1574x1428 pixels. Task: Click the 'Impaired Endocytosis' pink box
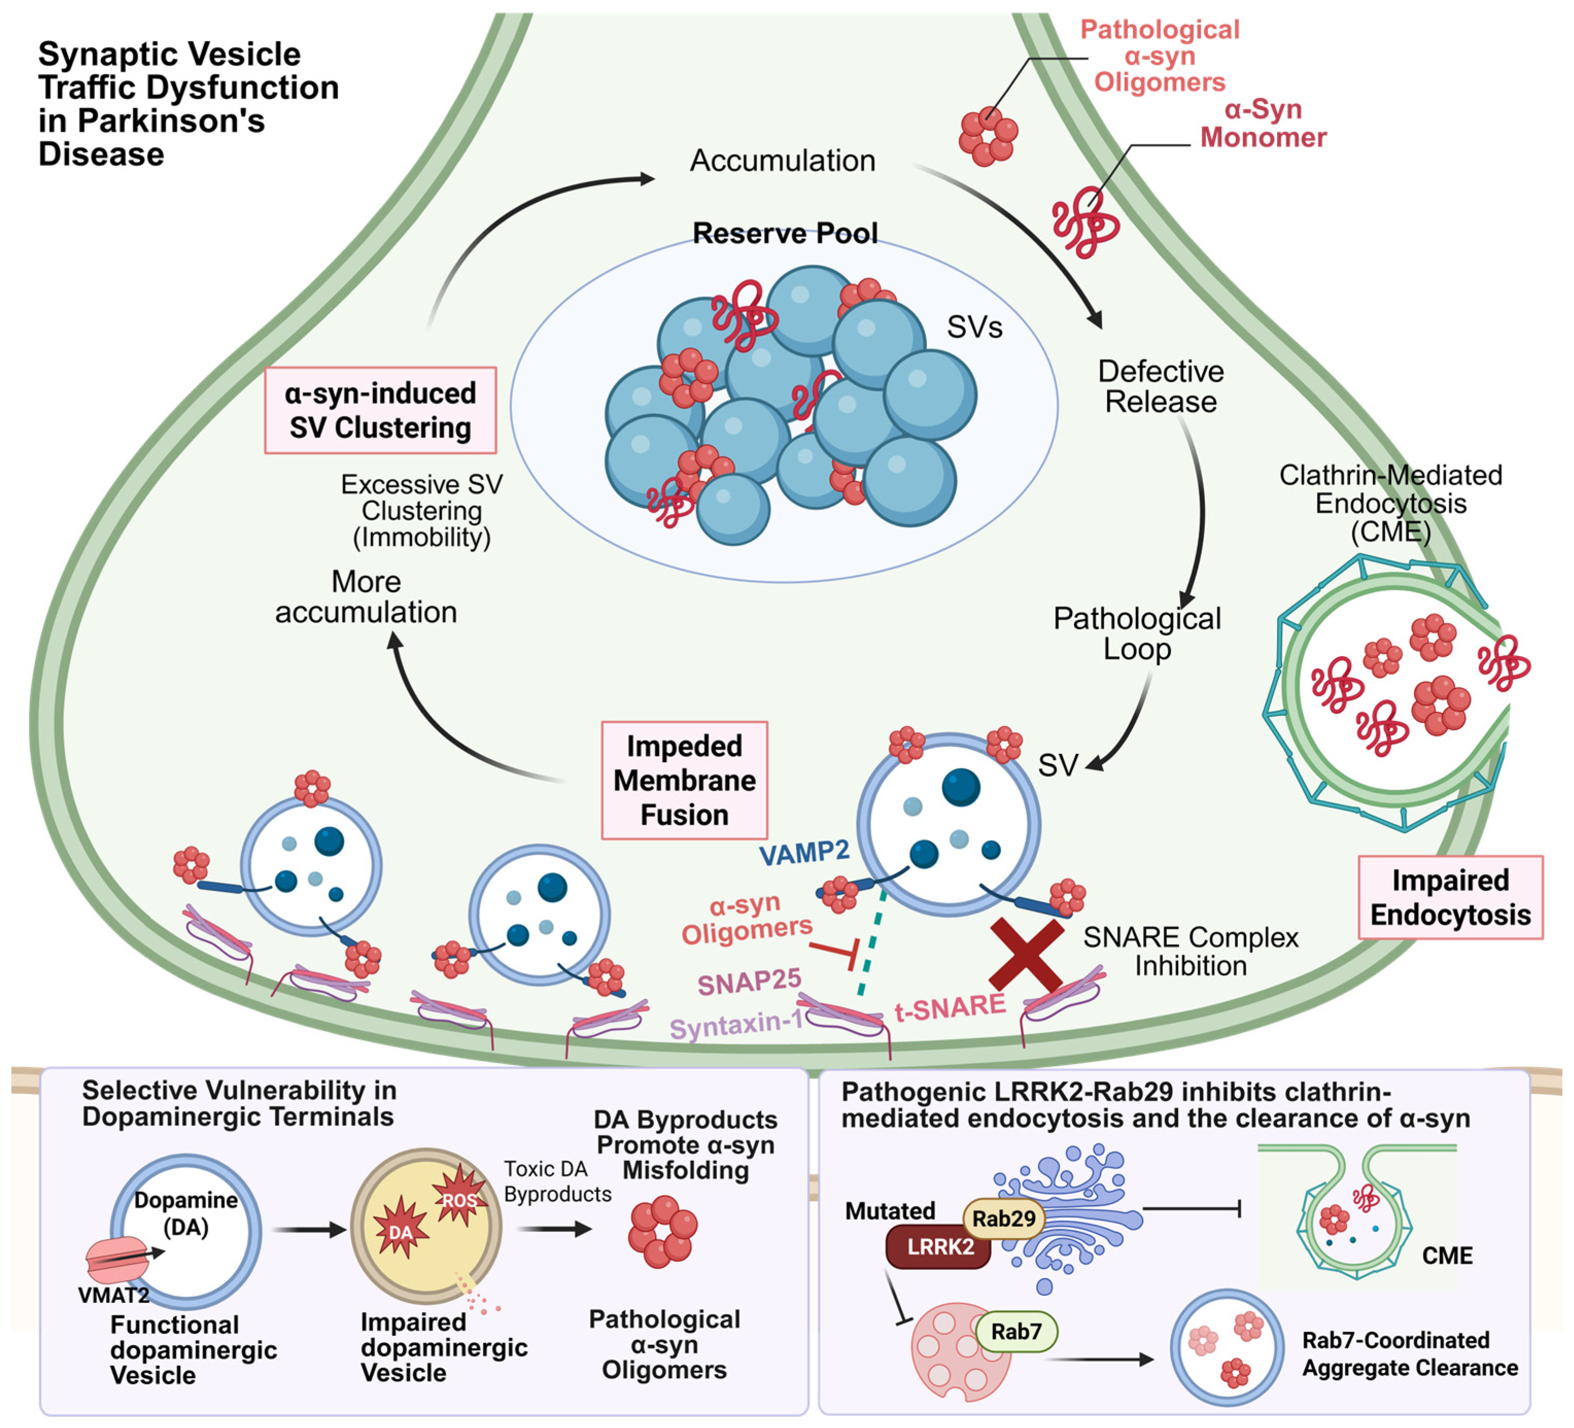(x=1450, y=897)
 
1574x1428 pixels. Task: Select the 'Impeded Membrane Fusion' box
(x=684, y=780)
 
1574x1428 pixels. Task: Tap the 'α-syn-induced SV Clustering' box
(x=380, y=410)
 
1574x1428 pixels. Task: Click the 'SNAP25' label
(x=749, y=981)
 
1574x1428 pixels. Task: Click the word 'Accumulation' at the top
(x=782, y=160)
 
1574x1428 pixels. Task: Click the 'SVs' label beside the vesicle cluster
(x=974, y=327)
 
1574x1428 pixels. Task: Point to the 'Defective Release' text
(x=1161, y=386)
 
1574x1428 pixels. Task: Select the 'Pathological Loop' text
(x=1137, y=633)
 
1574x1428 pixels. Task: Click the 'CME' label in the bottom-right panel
(x=1447, y=1256)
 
